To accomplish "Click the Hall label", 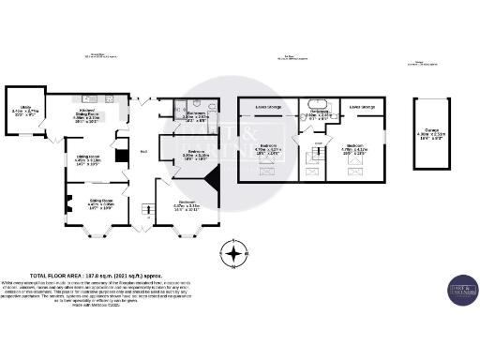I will (143, 152).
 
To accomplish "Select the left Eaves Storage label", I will (267, 107).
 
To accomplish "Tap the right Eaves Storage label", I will (362, 107).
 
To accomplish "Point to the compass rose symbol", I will (233, 251).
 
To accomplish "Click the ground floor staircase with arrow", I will (147, 207).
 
